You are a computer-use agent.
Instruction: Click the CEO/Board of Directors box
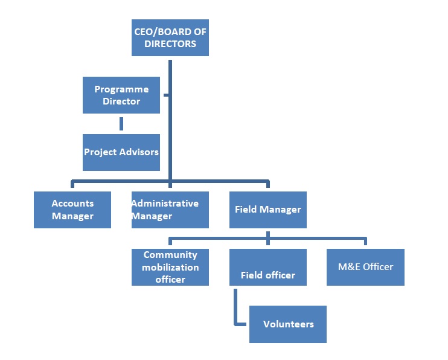coord(170,37)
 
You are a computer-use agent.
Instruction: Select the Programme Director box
coord(121,95)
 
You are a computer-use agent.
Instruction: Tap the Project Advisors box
coord(121,152)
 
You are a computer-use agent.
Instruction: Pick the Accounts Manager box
coord(72,210)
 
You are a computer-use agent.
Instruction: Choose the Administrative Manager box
coord(170,210)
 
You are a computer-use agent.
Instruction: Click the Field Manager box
coord(267,210)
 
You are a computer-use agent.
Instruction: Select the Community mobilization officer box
coord(170,267)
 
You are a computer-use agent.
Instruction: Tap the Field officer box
coord(267,267)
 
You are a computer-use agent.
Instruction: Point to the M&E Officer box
coord(365,267)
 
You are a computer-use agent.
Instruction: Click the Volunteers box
coord(287,324)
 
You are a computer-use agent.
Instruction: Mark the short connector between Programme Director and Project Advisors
coord(121,124)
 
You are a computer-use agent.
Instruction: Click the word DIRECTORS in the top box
coord(170,44)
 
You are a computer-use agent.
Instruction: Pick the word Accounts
coord(72,204)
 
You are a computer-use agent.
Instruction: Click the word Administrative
coord(165,204)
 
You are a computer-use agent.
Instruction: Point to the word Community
coord(170,255)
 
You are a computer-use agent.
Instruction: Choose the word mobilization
coord(170,267)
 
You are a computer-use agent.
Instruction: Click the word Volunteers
coord(288,324)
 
